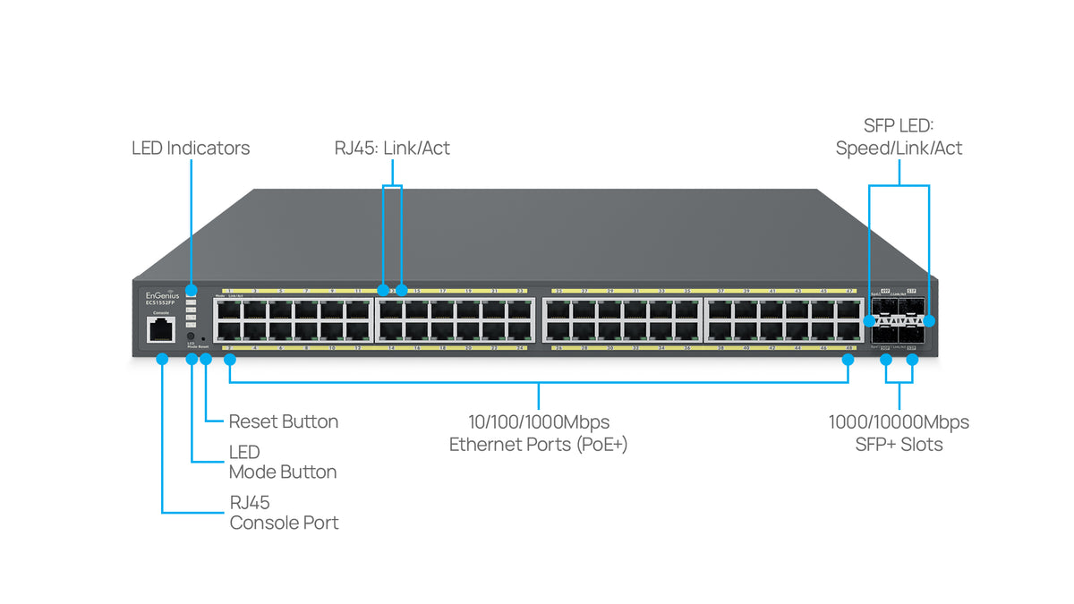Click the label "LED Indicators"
coord(191,148)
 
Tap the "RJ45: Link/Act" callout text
coord(392,148)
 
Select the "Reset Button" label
coord(284,421)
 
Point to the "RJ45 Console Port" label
coord(284,513)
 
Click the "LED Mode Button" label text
coord(283,463)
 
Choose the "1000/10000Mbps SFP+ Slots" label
coord(899,432)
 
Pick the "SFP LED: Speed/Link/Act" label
coord(899,138)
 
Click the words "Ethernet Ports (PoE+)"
coord(538,444)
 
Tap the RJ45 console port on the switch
coord(161,330)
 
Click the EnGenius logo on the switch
coord(162,294)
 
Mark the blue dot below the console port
coord(162,359)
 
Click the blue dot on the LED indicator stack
coord(191,291)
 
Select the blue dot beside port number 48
coord(848,359)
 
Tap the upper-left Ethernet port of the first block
coord(227,309)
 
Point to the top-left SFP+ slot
coord(886,309)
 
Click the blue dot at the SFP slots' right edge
coord(929,319)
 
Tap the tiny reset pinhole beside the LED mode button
coord(205,339)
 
